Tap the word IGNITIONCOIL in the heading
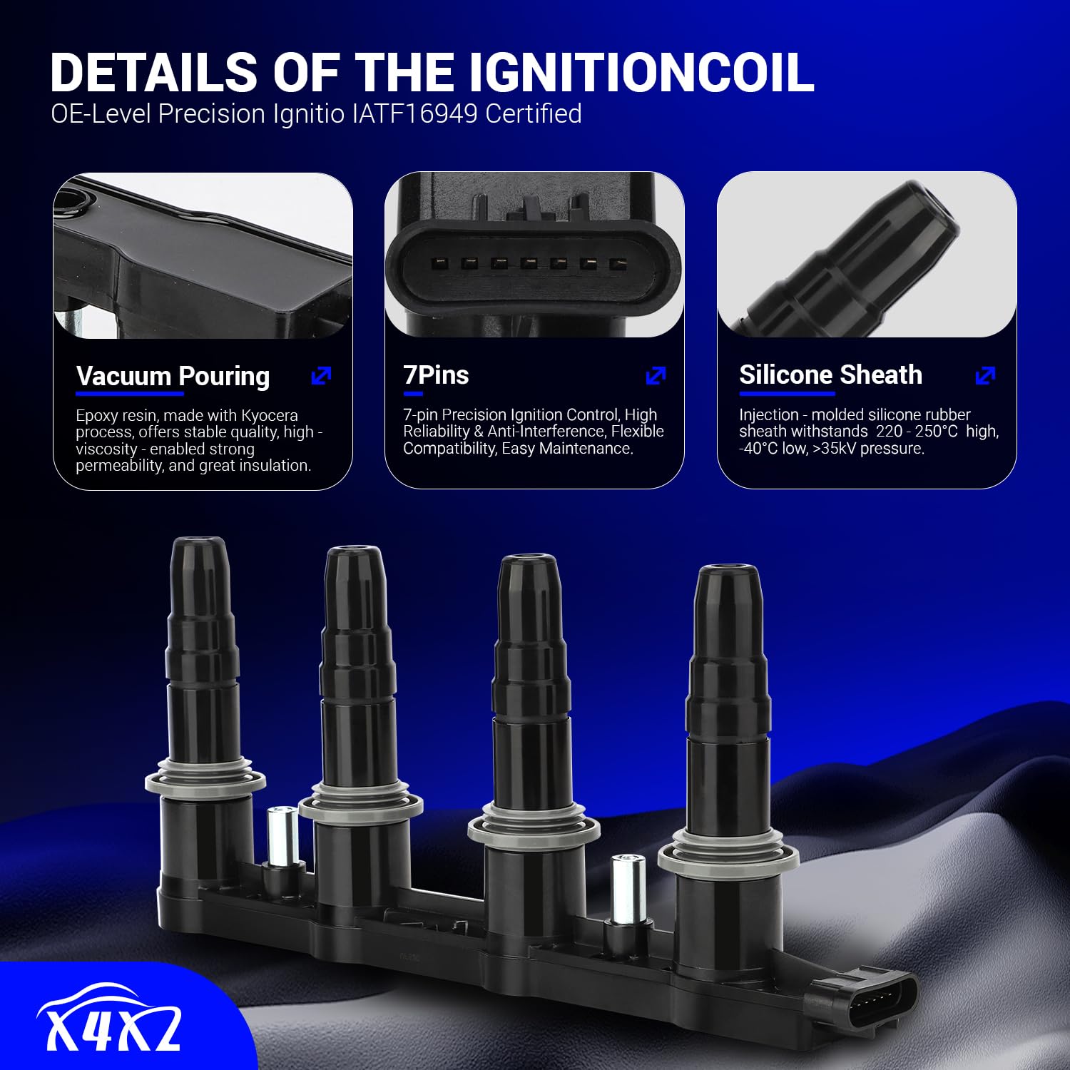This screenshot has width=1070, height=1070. coord(641,72)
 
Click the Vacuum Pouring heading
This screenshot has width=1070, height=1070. coord(173,376)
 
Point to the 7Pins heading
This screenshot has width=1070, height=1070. coord(436,375)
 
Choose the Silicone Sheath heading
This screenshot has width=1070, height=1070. coord(830,374)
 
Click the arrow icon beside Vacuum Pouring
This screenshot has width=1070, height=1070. coord(322,375)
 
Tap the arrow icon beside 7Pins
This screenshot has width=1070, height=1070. coord(656,375)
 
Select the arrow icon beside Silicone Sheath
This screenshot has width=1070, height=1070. coord(985,375)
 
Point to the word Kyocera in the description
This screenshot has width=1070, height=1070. coord(269,415)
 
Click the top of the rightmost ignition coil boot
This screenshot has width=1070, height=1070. coord(728,572)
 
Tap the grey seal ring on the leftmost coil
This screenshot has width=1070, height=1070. coord(205,782)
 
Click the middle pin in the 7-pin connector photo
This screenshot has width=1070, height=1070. coord(529,263)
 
